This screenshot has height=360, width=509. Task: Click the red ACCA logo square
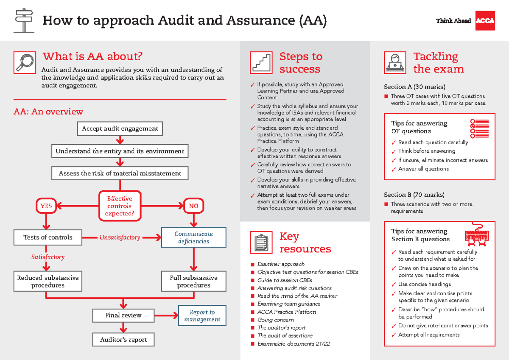(x=485, y=21)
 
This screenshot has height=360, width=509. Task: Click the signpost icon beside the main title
(x=24, y=20)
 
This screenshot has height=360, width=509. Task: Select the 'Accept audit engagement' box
(x=120, y=128)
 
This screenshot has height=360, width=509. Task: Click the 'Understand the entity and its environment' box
(x=120, y=151)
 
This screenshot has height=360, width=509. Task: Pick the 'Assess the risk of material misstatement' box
(x=120, y=173)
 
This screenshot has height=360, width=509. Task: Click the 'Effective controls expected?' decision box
(x=120, y=206)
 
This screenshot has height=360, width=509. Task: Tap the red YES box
(x=46, y=206)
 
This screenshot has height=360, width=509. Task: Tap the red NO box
(x=193, y=206)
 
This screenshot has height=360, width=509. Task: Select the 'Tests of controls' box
(x=48, y=237)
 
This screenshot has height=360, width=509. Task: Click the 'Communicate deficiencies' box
(x=194, y=237)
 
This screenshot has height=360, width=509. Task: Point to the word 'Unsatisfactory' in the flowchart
(x=120, y=237)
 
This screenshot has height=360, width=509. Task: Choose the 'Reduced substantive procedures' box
(x=48, y=282)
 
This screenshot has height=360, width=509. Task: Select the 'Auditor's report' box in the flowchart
(x=123, y=340)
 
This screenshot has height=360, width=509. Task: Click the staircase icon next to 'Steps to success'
(x=261, y=62)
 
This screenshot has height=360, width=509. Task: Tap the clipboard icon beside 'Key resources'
(x=261, y=243)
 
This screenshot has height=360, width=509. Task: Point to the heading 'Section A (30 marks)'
(x=414, y=87)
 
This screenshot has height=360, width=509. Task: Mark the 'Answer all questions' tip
(x=423, y=169)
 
